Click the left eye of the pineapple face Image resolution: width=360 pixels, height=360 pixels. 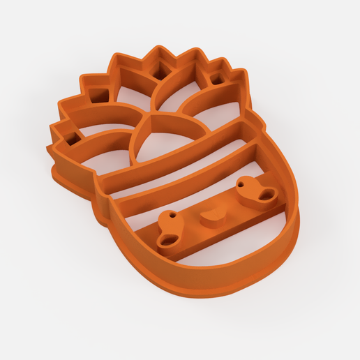(170, 231)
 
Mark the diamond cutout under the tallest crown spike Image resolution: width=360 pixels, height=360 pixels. (161, 70)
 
